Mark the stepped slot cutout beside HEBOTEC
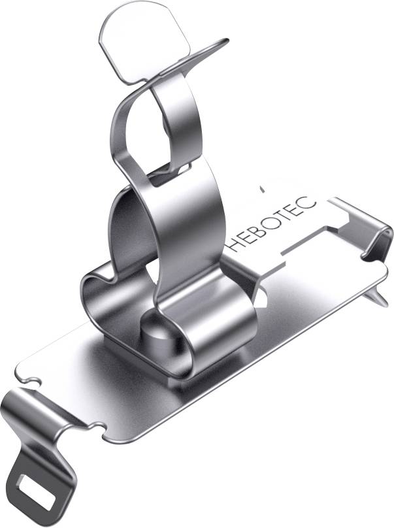click(x=307, y=242)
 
